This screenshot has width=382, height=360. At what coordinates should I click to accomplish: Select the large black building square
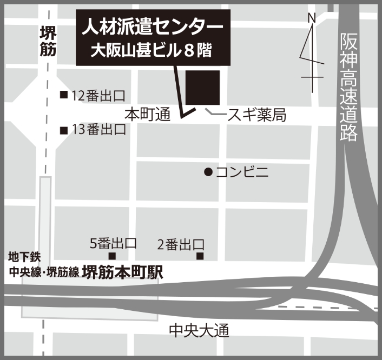[203, 87]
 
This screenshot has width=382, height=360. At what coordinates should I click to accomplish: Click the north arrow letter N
[312, 18]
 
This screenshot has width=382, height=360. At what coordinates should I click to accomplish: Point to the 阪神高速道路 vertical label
[350, 86]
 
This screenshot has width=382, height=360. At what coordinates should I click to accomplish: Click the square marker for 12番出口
[64, 96]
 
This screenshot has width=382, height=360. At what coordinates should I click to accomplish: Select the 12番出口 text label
[98, 96]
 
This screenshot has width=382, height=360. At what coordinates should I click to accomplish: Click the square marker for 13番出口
[64, 130]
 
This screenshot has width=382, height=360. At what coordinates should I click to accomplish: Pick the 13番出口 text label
[98, 130]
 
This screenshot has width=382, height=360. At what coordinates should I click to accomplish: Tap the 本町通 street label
[147, 114]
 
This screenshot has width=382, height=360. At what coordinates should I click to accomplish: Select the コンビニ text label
[242, 172]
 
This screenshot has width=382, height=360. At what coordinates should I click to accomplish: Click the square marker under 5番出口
[113, 256]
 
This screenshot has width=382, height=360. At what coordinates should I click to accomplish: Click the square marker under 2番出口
[200, 256]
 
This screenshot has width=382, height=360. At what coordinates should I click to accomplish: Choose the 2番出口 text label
[180, 244]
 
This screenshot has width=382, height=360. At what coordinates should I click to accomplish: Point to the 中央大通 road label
[199, 330]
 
